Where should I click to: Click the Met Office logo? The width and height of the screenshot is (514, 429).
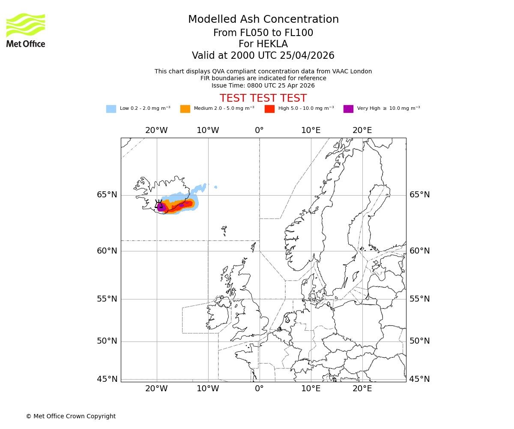[x=26, y=30]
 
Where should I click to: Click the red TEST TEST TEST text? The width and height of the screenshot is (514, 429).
[x=263, y=98]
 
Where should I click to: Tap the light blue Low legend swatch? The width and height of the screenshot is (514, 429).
[x=111, y=109]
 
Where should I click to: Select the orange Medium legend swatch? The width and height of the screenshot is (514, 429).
[x=185, y=109]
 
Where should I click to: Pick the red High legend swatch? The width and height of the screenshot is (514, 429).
[x=269, y=109]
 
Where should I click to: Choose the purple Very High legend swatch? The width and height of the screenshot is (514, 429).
[x=348, y=109]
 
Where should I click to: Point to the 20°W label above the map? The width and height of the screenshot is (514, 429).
[x=156, y=130]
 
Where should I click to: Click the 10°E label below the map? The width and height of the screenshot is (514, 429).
[x=311, y=389]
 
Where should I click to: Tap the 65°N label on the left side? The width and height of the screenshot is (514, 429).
[x=107, y=195]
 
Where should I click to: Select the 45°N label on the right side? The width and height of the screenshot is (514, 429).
[x=419, y=379]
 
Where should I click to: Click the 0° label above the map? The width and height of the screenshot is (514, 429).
[x=259, y=130]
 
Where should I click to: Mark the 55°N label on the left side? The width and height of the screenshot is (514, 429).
[x=107, y=299]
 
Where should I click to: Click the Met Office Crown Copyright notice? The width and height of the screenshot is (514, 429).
[x=71, y=416]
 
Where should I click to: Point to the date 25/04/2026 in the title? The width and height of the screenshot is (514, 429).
[x=307, y=56]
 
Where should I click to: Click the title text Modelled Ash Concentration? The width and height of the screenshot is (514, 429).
[x=263, y=19]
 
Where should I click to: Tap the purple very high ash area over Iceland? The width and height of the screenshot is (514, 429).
[x=161, y=207]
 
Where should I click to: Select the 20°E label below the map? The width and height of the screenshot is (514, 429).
[x=362, y=389]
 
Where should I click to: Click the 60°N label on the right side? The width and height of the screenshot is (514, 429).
[x=419, y=251]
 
